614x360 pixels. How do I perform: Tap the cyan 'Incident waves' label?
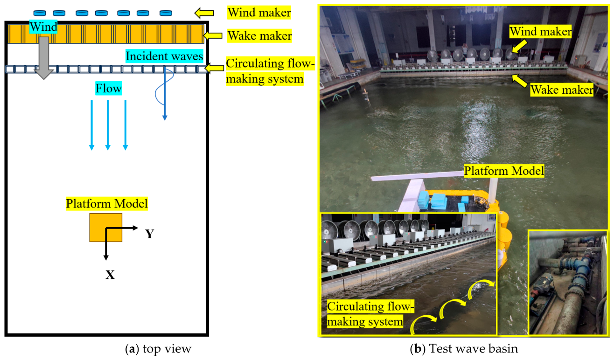[164, 56]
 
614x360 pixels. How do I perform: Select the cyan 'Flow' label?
[109, 88]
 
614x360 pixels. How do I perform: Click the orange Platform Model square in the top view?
[106, 228]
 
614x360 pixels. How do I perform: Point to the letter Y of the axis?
[150, 234]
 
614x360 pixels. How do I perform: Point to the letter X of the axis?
[110, 275]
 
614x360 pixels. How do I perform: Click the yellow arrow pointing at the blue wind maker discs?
[204, 13]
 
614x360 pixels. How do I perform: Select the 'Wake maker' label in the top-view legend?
[259, 35]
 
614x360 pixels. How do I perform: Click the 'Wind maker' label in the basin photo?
[541, 32]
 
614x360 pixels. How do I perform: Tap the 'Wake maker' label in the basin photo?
[562, 90]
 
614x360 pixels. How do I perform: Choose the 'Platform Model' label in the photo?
[504, 171]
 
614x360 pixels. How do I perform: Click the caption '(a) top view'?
[158, 349]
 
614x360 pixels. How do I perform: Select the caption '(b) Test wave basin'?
[464, 348]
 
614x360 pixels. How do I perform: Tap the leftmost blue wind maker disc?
[40, 13]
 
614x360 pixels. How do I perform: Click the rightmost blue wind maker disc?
[166, 13]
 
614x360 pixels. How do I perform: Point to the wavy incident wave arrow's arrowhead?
[165, 118]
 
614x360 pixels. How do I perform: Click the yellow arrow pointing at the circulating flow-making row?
[215, 68]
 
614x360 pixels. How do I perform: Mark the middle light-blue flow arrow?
[108, 125]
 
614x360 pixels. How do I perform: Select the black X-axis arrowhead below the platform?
[106, 257]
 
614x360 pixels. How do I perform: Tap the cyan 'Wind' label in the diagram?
[43, 27]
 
